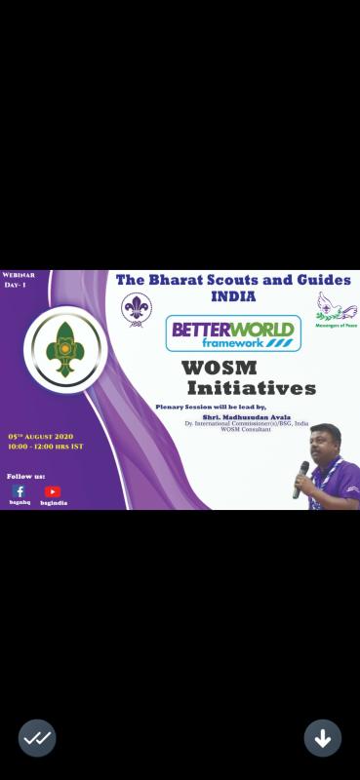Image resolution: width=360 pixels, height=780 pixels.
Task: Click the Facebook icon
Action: [x=20, y=491]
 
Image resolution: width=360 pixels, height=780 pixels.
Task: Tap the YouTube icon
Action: [x=53, y=491]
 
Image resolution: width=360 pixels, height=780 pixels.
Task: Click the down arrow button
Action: [x=322, y=738]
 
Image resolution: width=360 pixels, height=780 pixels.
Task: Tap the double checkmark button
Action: [x=37, y=738]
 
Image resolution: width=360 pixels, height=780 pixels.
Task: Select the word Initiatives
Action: [x=252, y=388]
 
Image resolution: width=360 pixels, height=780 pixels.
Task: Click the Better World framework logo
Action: [x=233, y=332]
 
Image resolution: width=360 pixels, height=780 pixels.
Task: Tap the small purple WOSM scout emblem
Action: [x=136, y=309]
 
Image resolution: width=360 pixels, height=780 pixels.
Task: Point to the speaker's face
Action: [x=327, y=449]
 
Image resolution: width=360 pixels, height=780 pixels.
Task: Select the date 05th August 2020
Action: [x=40, y=436]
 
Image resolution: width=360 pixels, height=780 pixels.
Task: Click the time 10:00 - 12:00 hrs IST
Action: [x=45, y=446]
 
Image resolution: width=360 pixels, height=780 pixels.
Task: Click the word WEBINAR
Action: [x=19, y=276]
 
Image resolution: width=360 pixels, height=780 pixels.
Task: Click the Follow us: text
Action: [x=25, y=476]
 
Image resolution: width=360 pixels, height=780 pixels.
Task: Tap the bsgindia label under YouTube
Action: [x=54, y=503]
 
